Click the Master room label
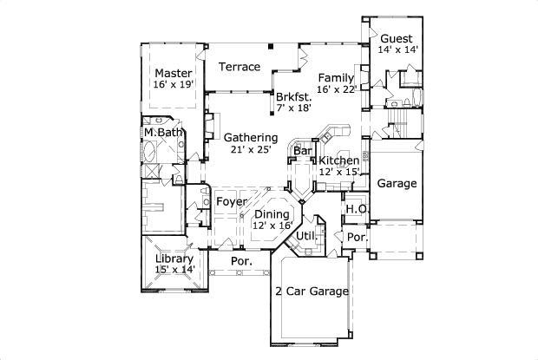pyautogui.click(x=173, y=73)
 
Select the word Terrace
pyautogui.click(x=239, y=67)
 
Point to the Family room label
pyautogui.click(x=336, y=78)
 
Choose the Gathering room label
pyautogui.click(x=251, y=137)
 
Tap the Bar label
pyautogui.click(x=302, y=151)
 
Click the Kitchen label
pyautogui.click(x=338, y=161)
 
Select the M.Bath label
pyautogui.click(x=164, y=132)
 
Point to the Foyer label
pyautogui.click(x=232, y=202)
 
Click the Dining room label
pyautogui.click(x=272, y=213)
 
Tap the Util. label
pyautogui.click(x=305, y=235)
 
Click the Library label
pyautogui.click(x=174, y=259)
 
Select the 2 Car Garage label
pyautogui.click(x=312, y=291)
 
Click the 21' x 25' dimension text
pyautogui.click(x=251, y=149)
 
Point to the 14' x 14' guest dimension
pyautogui.click(x=398, y=50)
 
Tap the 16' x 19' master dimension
pyautogui.click(x=173, y=85)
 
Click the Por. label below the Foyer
pyautogui.click(x=241, y=261)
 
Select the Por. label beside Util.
pyautogui.click(x=357, y=237)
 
